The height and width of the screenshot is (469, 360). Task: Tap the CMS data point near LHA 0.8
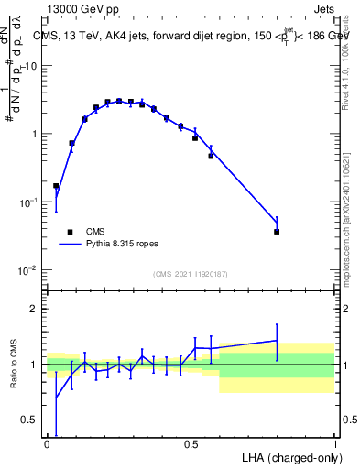(277, 232)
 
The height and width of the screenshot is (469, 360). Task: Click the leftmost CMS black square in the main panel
(56, 186)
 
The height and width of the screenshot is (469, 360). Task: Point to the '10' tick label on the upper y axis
(31, 66)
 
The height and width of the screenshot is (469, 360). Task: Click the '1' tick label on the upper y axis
(35, 134)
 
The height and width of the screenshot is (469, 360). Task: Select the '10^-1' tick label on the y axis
(29, 202)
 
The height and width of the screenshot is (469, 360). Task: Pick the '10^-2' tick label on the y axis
(29, 269)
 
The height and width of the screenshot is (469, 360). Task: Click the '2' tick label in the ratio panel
(35, 309)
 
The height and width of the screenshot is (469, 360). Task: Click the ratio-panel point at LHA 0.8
(277, 341)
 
